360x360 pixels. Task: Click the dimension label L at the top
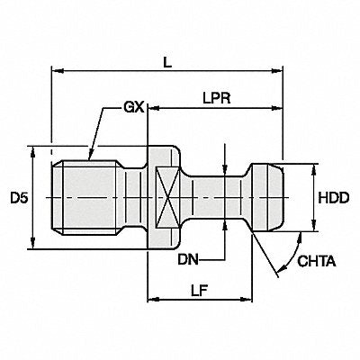point(167,62)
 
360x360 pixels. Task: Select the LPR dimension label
point(217,98)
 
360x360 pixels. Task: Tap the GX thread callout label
point(134,107)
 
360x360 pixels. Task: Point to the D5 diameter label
point(20,198)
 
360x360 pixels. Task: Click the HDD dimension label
point(334,198)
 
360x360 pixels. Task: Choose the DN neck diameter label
point(188,259)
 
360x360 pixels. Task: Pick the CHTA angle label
point(317,261)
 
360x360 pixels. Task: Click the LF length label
point(200,290)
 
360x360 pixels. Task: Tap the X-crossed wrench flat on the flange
point(167,197)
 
